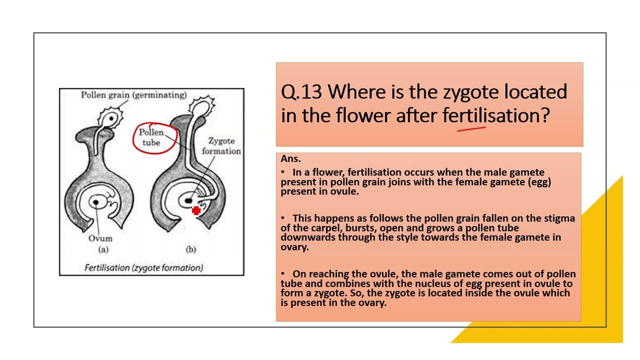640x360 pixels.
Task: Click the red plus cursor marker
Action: coord(196,211)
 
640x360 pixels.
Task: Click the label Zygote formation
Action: coord(221,146)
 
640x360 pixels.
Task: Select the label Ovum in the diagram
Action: coord(100,238)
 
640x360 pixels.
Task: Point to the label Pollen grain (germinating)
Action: coord(133,95)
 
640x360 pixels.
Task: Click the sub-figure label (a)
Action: coord(103,249)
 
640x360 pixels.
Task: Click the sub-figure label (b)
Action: coord(190,249)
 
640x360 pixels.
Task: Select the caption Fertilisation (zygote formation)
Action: coord(143,267)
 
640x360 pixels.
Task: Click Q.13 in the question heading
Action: coord(302,92)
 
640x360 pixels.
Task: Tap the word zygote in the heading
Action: coord(470,92)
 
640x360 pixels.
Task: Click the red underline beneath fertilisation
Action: coord(471,129)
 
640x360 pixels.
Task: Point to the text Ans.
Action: coord(290,159)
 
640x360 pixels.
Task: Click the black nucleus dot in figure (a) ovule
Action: coord(95,202)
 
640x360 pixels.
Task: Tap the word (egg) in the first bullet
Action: coord(539,182)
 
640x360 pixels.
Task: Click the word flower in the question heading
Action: coord(363,115)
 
